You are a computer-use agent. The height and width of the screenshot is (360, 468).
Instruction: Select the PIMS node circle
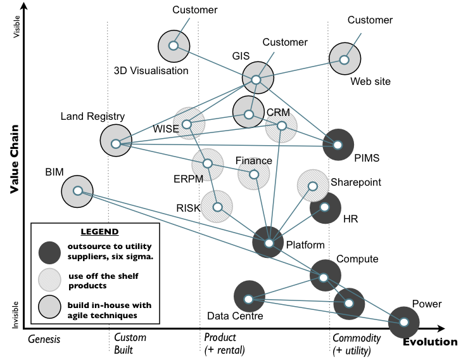[338, 145]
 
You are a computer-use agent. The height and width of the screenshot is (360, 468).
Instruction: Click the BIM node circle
[77, 191]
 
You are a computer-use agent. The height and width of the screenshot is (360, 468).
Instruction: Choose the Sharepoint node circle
[313, 186]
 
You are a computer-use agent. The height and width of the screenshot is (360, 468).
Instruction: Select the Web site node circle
[345, 60]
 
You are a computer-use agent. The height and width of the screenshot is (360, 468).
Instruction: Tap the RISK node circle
[217, 207]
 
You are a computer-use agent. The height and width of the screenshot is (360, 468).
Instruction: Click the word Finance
[253, 161]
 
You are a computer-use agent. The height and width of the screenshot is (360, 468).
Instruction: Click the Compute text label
[357, 259]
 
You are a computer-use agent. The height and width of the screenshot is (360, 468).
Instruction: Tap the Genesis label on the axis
[44, 339]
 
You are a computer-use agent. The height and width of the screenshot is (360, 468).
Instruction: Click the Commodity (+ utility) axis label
[357, 344]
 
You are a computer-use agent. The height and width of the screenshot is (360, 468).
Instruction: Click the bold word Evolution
[430, 342]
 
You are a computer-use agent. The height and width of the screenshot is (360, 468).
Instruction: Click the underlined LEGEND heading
[100, 231]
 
